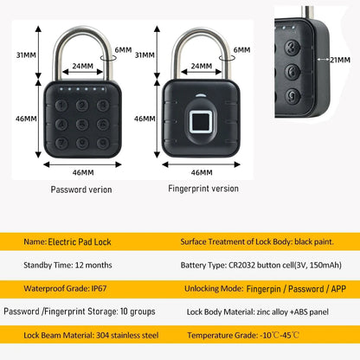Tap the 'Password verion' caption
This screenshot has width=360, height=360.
pos(80,189)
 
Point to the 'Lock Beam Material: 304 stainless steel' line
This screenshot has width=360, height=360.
pos(75,334)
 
